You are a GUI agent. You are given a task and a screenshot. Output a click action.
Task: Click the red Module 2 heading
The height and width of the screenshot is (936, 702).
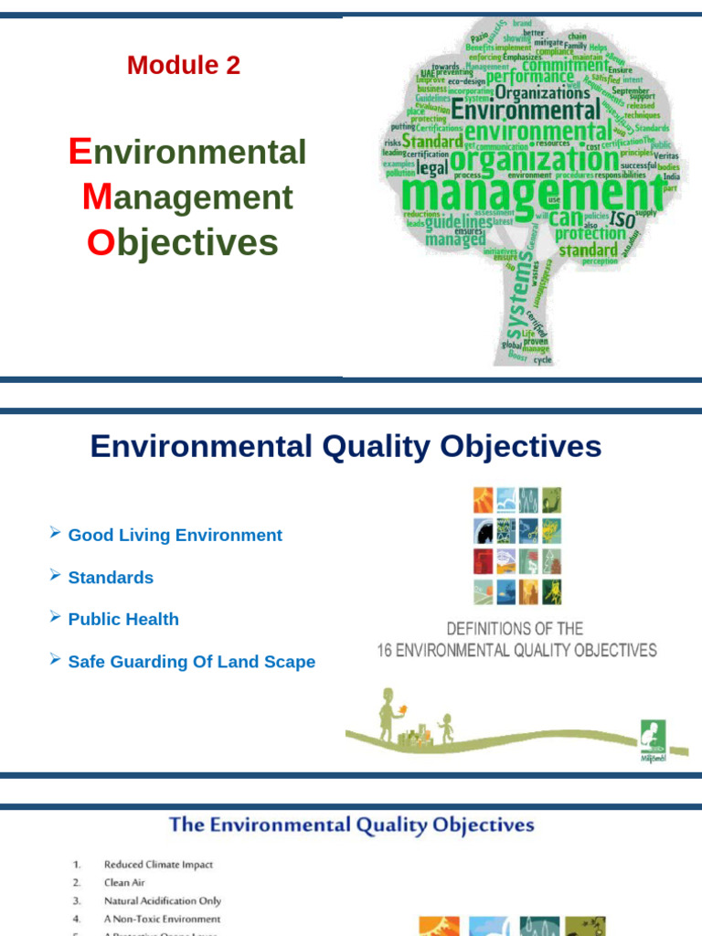(184, 65)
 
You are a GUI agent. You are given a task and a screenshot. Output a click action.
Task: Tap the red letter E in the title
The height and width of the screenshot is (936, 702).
(80, 152)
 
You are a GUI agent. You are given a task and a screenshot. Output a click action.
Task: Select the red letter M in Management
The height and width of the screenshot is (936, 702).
(96, 197)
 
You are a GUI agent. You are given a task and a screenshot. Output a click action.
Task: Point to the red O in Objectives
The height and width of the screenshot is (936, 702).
(100, 242)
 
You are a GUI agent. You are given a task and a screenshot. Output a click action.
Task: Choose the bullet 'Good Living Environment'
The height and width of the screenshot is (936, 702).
(175, 536)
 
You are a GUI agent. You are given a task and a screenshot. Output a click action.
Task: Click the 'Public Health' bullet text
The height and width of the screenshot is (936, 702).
(123, 620)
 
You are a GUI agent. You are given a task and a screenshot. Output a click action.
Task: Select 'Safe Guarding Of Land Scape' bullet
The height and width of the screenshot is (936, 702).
(192, 662)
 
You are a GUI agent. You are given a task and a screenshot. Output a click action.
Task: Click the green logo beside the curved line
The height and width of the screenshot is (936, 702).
(653, 737)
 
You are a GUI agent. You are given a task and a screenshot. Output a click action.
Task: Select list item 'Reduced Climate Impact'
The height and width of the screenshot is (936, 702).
(158, 864)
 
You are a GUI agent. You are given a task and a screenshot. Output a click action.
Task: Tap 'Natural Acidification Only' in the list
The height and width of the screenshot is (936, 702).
(163, 901)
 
